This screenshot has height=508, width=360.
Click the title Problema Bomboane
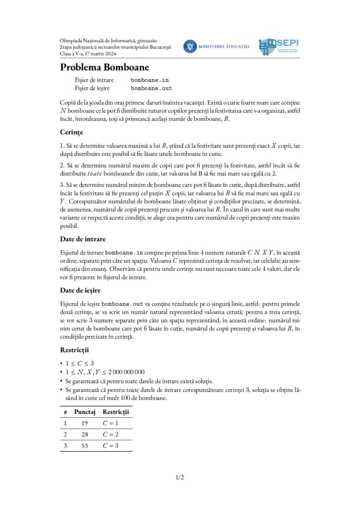pyautogui.click(x=104, y=67)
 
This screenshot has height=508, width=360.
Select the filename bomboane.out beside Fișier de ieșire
pyautogui.click(x=151, y=88)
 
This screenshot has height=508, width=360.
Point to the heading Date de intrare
pyautogui.click(x=82, y=239)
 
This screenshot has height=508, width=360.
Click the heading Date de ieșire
pyautogui.click(x=81, y=290)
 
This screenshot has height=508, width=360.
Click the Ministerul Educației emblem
pyautogui.click(x=190, y=47)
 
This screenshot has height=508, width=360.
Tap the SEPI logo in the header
pyautogui.click(x=279, y=47)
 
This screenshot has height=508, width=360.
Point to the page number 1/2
pyautogui.click(x=180, y=478)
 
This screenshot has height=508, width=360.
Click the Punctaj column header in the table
pyautogui.click(x=84, y=412)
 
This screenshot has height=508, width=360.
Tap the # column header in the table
pyautogui.click(x=65, y=412)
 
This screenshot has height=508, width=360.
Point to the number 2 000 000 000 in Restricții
pyautogui.click(x=123, y=372)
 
